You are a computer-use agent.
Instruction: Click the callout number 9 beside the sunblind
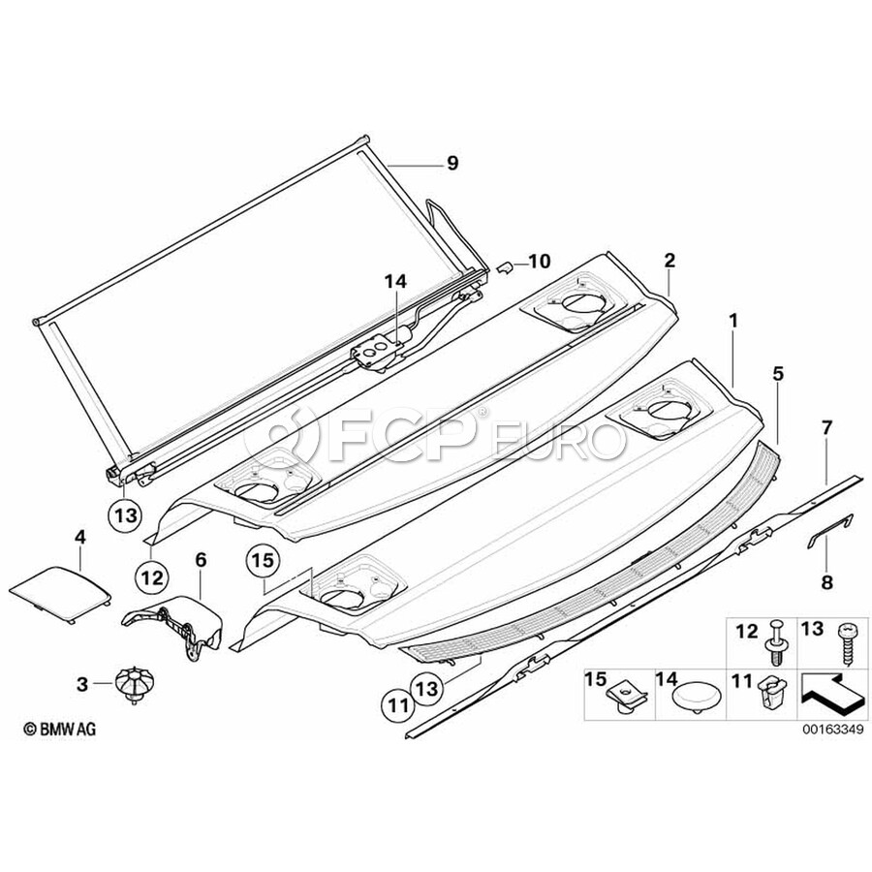click(452, 164)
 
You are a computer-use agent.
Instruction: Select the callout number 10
click(539, 261)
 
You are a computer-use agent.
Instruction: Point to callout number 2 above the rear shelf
click(670, 261)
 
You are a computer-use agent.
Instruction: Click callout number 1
click(734, 321)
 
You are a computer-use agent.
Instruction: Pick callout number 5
click(777, 374)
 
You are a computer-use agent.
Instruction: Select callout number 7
click(827, 428)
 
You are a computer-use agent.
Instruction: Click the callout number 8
click(827, 582)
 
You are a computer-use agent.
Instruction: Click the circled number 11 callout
click(397, 705)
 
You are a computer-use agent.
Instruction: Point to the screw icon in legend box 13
click(846, 644)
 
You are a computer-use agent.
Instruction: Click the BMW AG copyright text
click(59, 729)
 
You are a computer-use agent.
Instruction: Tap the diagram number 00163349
click(832, 729)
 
